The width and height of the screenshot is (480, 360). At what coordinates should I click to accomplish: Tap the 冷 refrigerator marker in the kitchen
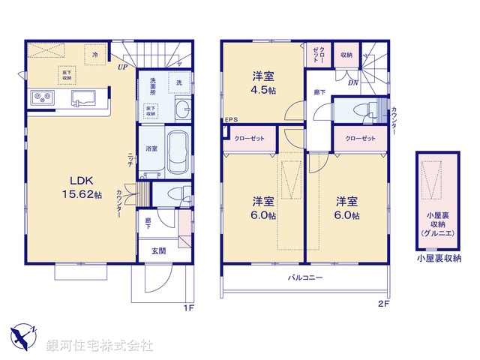[x=95, y=55]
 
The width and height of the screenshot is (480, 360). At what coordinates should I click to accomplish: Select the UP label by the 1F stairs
[x=121, y=67]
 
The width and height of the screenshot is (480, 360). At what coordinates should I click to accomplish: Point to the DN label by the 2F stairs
[x=352, y=83]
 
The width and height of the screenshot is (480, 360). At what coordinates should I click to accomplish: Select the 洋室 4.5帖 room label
[x=262, y=82]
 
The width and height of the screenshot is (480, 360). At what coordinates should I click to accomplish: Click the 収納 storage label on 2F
[x=346, y=55]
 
